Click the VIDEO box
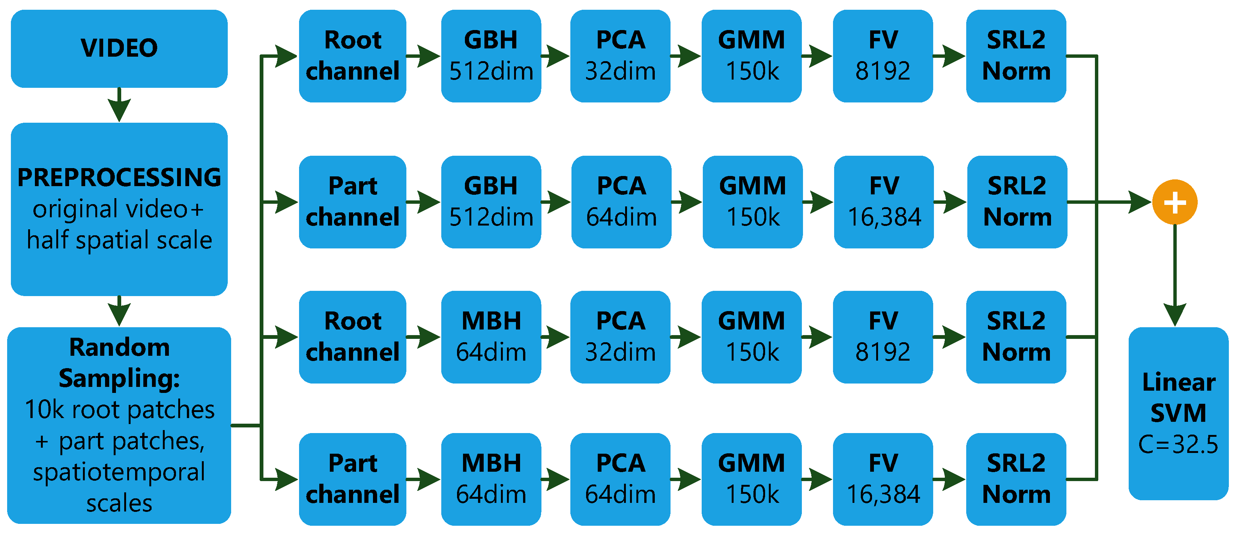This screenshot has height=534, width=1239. coord(119,48)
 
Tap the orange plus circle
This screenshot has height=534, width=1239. coord(1174,202)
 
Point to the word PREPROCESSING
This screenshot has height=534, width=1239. coord(119,177)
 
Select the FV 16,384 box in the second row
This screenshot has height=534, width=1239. coord(884,202)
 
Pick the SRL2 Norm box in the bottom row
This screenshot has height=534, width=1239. coord(1016,479)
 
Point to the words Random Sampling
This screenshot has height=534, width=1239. coord(119,362)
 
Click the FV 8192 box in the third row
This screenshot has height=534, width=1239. coord(883,337)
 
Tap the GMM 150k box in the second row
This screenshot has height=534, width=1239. coord(752,202)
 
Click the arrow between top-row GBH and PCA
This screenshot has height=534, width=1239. coord(556,56)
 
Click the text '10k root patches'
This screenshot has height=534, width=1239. coord(119,410)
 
